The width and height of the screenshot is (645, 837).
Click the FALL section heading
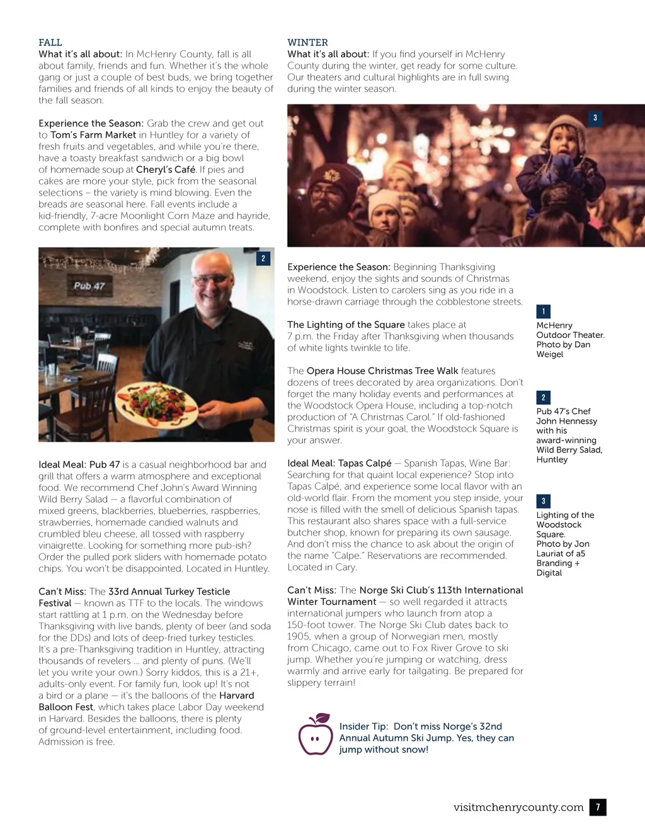50,42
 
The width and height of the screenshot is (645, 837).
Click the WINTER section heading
307,42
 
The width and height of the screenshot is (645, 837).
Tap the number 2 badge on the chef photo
263,258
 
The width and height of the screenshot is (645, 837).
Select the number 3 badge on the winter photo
595,118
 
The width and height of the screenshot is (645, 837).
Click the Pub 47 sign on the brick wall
89,286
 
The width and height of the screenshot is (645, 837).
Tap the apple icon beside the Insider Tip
315,735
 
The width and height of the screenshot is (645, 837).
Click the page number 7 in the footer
598,807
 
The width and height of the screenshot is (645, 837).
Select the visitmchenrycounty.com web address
518,807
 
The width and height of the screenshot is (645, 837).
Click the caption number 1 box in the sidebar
543,312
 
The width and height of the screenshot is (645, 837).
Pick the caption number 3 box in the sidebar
543,501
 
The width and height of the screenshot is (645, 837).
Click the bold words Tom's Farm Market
93,135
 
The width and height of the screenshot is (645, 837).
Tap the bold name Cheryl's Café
166,169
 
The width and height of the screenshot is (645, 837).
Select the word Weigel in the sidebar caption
550,354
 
